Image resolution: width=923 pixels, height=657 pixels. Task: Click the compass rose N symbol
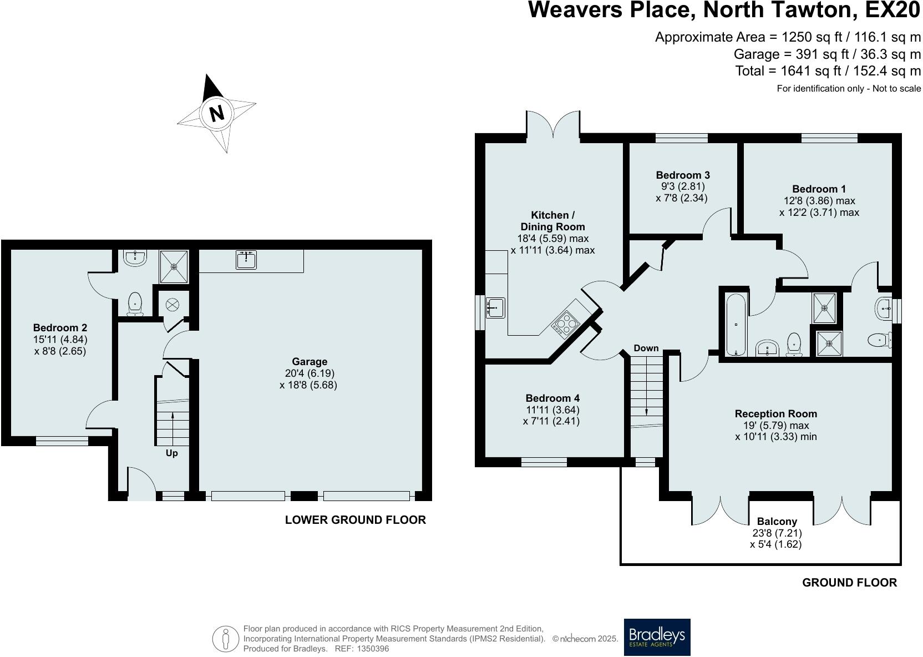pos(217,113)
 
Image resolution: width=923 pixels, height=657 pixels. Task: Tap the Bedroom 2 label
pos(60,328)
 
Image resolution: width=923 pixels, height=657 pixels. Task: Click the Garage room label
pos(309,362)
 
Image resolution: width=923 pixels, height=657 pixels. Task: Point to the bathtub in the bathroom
pos(736,325)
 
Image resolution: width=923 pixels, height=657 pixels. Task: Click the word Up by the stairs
pos(172,453)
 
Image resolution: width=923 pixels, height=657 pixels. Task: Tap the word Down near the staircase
pos(646,348)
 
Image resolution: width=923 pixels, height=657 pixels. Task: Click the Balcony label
pos(777,522)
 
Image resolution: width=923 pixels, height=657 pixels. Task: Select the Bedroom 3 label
pos(682,175)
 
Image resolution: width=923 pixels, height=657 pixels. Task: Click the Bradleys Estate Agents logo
pos(657,637)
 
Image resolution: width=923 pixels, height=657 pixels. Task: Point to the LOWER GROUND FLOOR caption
pos(355,520)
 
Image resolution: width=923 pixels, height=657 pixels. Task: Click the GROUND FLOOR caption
pos(849,583)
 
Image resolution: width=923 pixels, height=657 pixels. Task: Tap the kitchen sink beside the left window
pos(495,307)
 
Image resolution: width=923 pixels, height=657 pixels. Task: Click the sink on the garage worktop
pos(246,260)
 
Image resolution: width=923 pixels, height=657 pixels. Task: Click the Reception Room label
pos(775,414)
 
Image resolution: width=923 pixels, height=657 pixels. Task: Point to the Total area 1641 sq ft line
pos(828,71)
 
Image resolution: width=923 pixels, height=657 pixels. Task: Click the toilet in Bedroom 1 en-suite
pos(878,340)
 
